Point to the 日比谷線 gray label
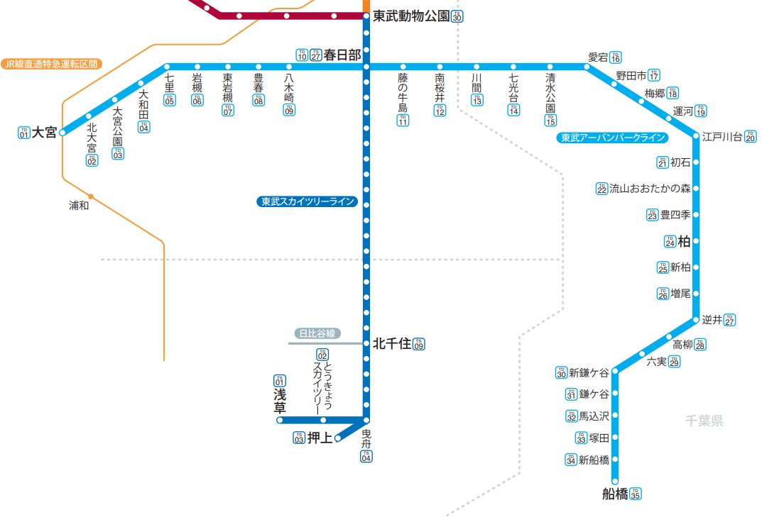pos(317,333)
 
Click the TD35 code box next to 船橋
pos(636,494)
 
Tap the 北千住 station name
pos(392,344)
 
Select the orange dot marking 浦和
pos(91,196)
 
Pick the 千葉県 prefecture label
pos(704,421)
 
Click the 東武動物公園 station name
pos(411,16)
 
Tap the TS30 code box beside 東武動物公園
pos(457,16)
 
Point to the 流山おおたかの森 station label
pos(650,189)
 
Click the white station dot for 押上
pos(338,438)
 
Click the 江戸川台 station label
pos(722,137)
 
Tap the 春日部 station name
pos(342,55)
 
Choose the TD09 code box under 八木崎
pos(289,110)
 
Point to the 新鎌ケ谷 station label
pos(589,373)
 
